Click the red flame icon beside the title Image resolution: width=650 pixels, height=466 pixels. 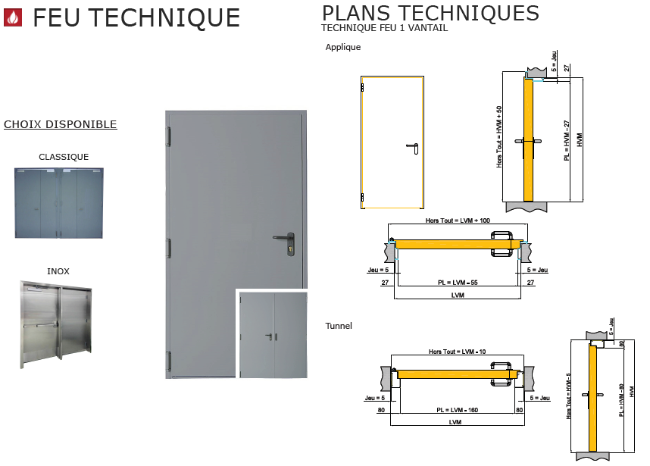point(14,17)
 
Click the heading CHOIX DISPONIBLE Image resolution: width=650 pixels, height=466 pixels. point(61,124)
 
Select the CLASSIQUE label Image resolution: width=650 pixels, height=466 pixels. point(64,158)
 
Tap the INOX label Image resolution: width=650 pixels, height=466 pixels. point(58,271)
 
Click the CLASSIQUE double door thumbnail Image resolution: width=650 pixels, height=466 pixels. point(58,203)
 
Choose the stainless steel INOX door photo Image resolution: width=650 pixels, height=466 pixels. point(56,324)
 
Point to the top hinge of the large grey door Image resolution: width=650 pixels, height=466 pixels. point(169,136)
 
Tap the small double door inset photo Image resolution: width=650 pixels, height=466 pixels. point(273,335)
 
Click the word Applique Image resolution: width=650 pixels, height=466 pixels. point(343,47)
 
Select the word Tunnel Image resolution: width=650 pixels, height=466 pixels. point(339,326)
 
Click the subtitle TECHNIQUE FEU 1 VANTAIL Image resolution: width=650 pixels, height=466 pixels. point(384,28)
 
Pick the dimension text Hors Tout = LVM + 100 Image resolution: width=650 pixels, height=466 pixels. point(458,220)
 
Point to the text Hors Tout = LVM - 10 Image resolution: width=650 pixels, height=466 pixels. point(455,352)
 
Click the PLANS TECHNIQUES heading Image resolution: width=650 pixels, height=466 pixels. point(430,13)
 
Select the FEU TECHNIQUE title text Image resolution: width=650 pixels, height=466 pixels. point(136,17)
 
